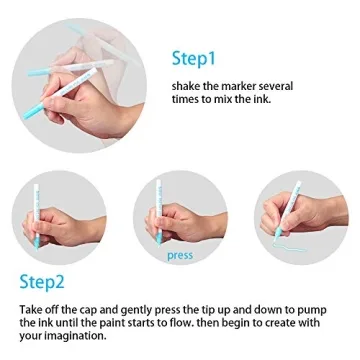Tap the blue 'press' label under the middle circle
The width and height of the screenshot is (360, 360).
(180, 257)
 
